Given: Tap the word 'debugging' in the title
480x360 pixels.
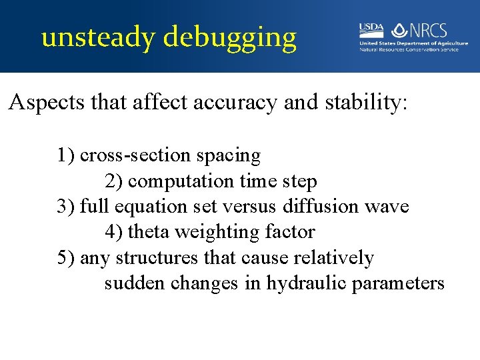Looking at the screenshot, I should [230, 38].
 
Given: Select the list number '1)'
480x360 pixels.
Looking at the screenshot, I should [66, 155].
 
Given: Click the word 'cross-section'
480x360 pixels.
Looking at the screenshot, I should [136, 155].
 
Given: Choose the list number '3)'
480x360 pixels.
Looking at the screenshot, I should [66, 206].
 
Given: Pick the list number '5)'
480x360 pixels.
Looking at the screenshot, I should [66, 257].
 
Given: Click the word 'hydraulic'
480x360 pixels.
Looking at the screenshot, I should [307, 283].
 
